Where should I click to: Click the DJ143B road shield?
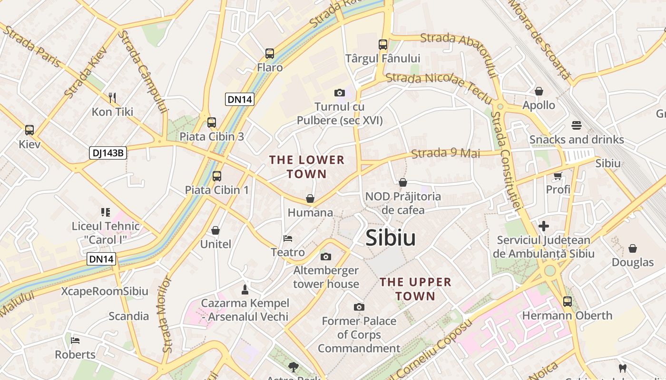(x=108, y=153)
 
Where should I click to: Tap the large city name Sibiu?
(x=391, y=238)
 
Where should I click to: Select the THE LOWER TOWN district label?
(x=307, y=167)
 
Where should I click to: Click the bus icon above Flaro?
(x=270, y=54)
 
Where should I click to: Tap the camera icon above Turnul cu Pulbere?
(x=339, y=93)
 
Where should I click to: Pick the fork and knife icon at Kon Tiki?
(x=112, y=98)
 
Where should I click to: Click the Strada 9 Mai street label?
(x=445, y=153)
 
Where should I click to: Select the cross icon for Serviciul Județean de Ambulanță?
(x=544, y=226)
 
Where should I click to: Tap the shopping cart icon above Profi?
(x=558, y=176)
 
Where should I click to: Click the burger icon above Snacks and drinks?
(x=577, y=126)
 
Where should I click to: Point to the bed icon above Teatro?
(x=288, y=238)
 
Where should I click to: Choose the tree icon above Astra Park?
(x=293, y=366)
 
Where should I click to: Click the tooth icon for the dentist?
(x=622, y=368)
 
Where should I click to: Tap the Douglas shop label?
(x=633, y=262)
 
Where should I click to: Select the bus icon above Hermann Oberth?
(x=567, y=301)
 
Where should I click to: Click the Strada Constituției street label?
(x=507, y=161)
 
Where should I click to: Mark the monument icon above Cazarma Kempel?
(x=245, y=289)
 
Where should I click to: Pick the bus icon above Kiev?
(x=29, y=130)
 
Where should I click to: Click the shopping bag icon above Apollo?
(x=539, y=91)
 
